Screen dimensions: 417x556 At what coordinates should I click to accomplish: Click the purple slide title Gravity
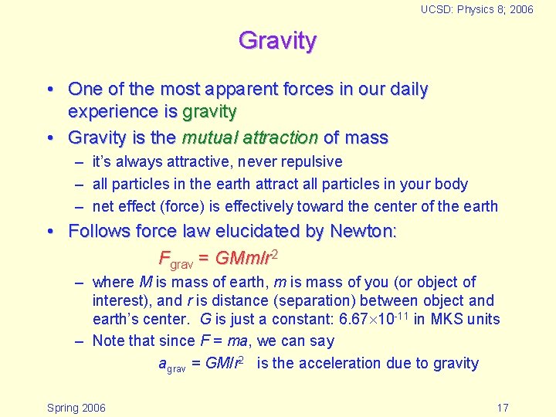(277, 40)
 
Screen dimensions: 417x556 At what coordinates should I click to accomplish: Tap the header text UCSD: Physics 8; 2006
(476, 9)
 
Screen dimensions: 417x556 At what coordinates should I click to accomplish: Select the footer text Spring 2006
(76, 407)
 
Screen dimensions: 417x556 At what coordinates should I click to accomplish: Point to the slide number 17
(502, 407)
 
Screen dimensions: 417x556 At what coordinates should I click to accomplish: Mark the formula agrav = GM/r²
(202, 364)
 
